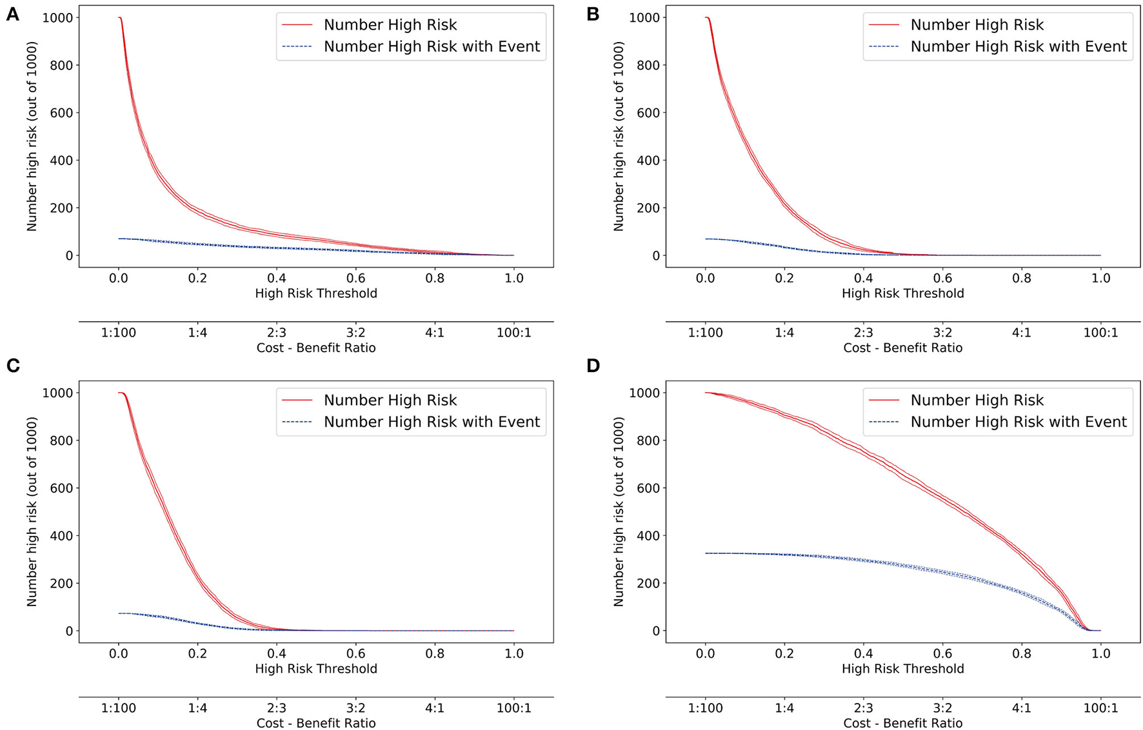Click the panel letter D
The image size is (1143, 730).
point(593,366)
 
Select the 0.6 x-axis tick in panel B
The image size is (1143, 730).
point(942,279)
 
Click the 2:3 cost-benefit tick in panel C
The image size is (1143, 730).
point(277,708)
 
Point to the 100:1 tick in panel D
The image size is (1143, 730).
point(1100,708)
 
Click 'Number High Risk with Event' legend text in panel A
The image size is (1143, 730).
point(432,46)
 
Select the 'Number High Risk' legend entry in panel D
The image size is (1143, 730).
point(977,400)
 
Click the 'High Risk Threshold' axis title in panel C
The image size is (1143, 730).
point(316,669)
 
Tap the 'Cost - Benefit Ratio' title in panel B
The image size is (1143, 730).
point(902,348)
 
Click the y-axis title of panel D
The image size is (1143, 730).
point(619,511)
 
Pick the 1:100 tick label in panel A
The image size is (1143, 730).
point(119,333)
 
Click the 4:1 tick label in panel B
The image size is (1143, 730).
point(1022,333)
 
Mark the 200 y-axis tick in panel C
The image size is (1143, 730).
point(60,584)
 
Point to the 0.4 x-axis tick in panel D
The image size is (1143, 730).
point(864,654)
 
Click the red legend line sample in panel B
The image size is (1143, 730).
point(884,25)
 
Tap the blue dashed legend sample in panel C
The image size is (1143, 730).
point(297,422)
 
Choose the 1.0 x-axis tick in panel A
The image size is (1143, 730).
point(513,279)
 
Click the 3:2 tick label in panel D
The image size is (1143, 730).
point(942,708)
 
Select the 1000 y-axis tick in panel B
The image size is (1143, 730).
point(644,17)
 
